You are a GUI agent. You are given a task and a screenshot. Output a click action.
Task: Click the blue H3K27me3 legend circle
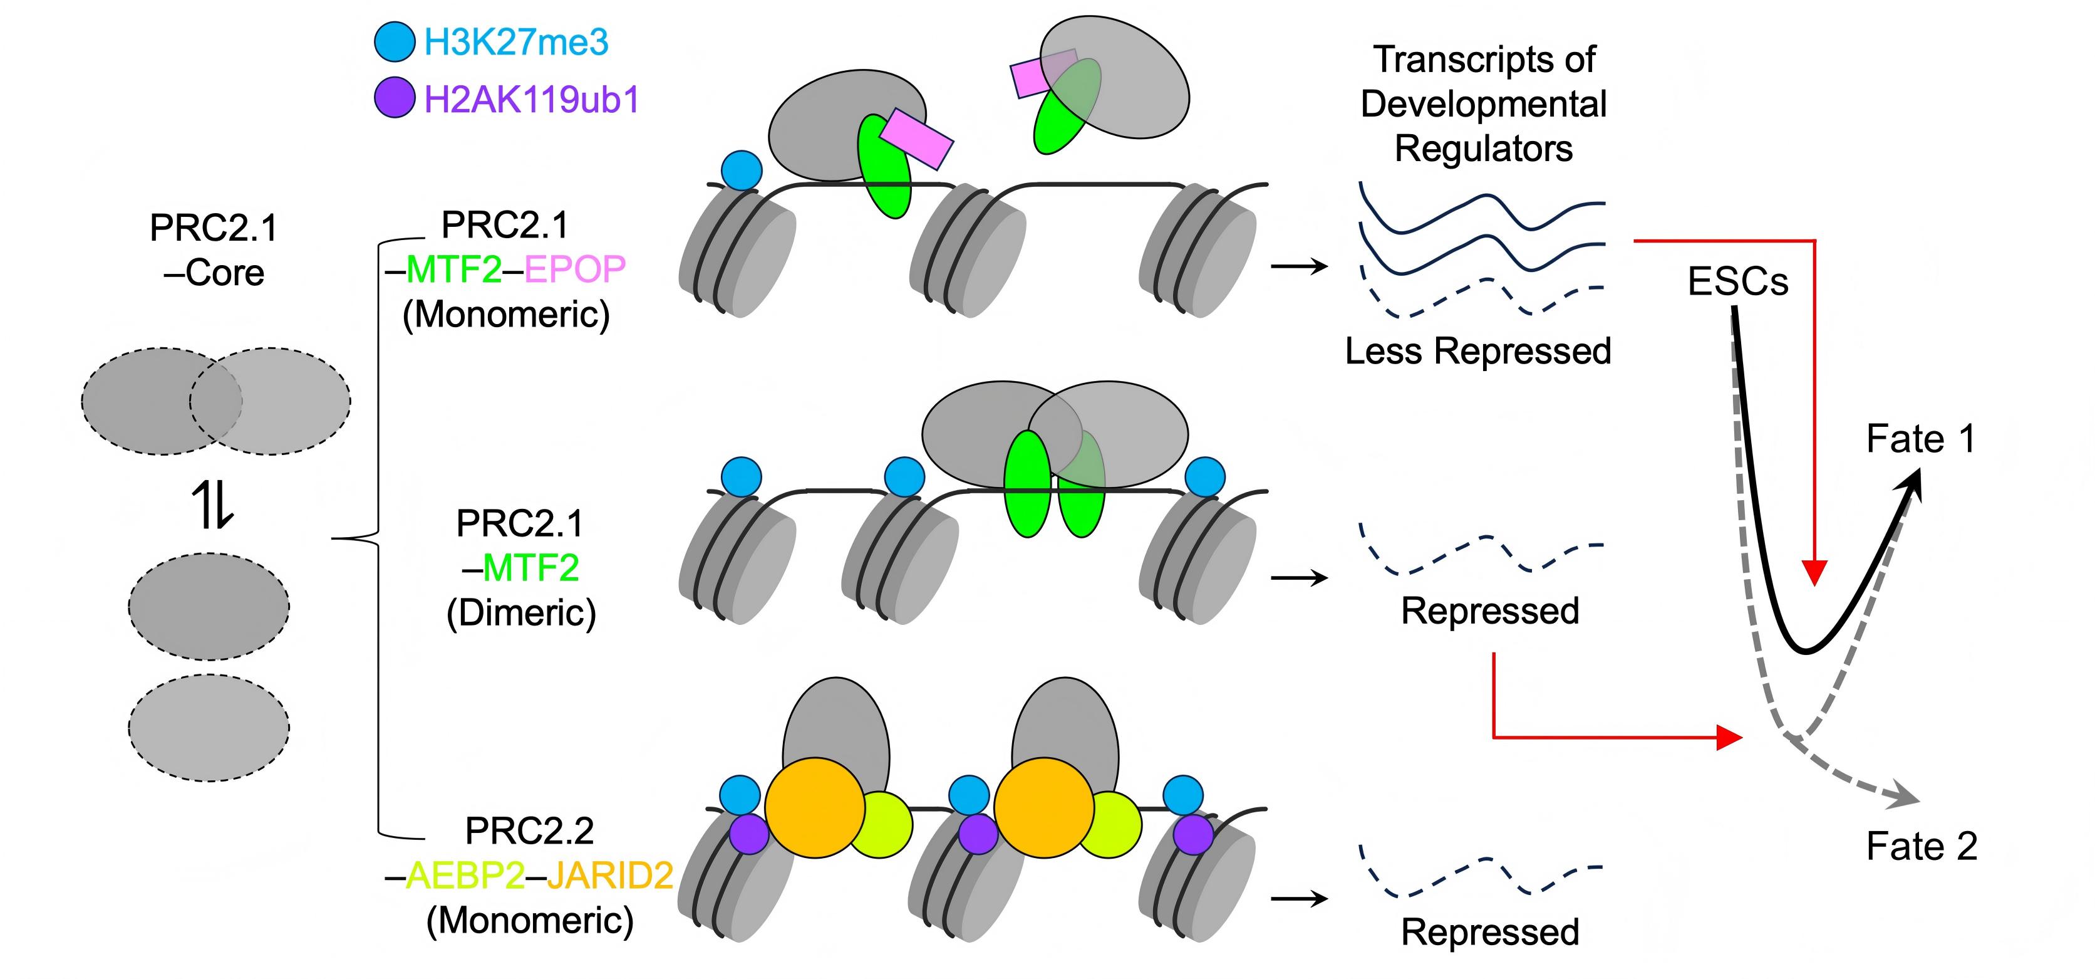[395, 41]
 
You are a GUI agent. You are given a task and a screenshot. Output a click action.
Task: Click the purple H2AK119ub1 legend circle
[395, 98]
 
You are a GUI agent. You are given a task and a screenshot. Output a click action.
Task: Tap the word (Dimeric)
[521, 612]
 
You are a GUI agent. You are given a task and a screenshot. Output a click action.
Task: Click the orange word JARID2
[610, 876]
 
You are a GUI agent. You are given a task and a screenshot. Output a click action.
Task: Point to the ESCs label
[1738, 281]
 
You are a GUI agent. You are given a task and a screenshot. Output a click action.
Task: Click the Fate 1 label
[1921, 439]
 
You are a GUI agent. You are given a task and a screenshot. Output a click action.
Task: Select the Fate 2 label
[1921, 846]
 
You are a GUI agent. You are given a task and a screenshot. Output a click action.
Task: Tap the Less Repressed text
[1477, 351]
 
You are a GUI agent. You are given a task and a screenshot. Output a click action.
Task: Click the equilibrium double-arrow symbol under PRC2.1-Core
[213, 505]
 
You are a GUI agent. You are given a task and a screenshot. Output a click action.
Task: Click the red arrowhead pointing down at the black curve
[1814, 572]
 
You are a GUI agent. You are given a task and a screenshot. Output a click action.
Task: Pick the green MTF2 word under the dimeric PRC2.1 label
[531, 567]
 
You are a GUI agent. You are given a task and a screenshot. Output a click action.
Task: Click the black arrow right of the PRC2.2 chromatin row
[1299, 898]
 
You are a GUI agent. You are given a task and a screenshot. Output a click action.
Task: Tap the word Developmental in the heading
[1484, 104]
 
